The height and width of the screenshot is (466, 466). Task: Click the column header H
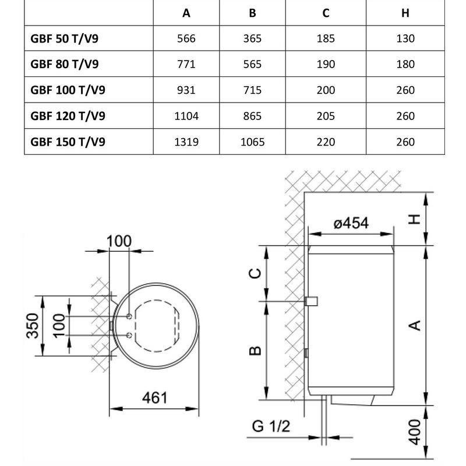click(x=405, y=13)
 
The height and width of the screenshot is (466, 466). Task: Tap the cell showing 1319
click(x=186, y=142)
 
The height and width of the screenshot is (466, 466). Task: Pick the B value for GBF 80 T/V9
click(x=252, y=65)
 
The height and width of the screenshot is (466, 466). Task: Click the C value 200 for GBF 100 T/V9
click(x=326, y=90)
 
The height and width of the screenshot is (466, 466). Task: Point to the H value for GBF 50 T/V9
click(x=405, y=39)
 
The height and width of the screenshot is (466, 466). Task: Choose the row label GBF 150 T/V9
click(x=68, y=142)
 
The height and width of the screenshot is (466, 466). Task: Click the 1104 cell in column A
click(x=186, y=116)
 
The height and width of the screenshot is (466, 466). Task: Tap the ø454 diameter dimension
click(x=351, y=223)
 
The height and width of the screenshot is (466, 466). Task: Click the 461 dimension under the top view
click(x=154, y=398)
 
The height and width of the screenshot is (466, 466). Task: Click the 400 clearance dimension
click(x=414, y=431)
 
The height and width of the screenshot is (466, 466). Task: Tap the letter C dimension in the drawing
click(x=255, y=273)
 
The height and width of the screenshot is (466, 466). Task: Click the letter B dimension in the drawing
click(x=255, y=351)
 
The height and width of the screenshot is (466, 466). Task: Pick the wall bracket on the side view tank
click(x=311, y=301)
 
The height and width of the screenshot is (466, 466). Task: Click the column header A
click(x=186, y=13)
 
